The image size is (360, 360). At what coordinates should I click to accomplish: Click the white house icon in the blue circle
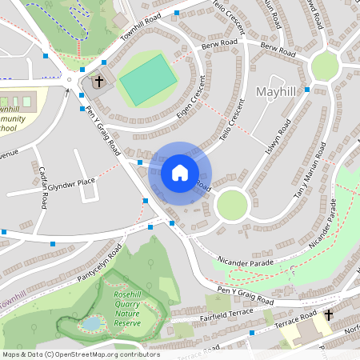pyautogui.click(x=180, y=172)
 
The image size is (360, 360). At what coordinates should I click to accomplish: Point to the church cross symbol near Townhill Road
pyautogui.click(x=99, y=81)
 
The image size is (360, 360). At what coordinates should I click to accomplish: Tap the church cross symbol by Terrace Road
pyautogui.click(x=328, y=317)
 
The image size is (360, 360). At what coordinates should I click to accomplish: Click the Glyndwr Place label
pyautogui.click(x=71, y=183)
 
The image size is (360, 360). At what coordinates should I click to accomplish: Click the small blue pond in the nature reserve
pyautogui.click(x=92, y=324)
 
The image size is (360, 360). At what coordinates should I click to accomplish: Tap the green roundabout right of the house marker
pyautogui.click(x=232, y=205)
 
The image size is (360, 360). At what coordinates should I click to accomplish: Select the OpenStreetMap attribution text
pyautogui.click(x=70, y=354)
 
